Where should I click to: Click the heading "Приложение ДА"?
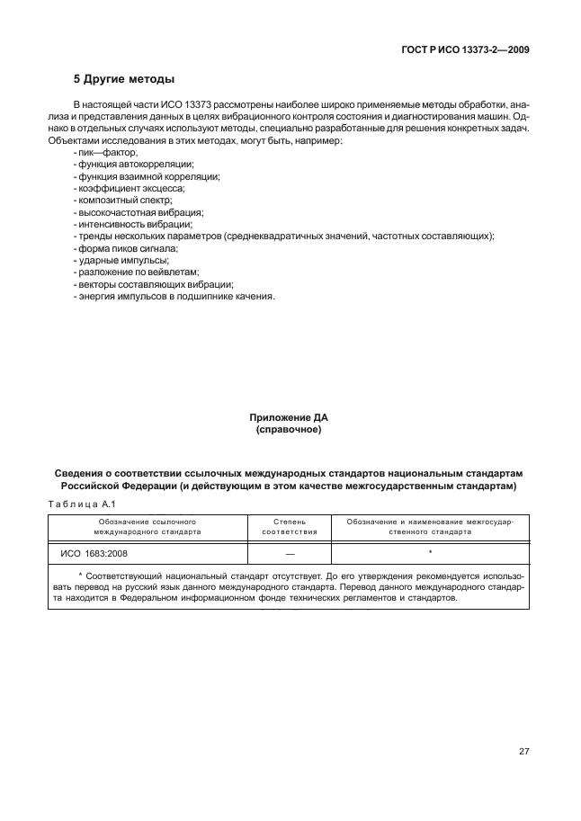[289, 418]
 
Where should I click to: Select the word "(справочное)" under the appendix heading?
[289, 430]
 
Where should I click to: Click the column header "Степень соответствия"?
[289, 526]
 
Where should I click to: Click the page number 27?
[523, 751]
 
